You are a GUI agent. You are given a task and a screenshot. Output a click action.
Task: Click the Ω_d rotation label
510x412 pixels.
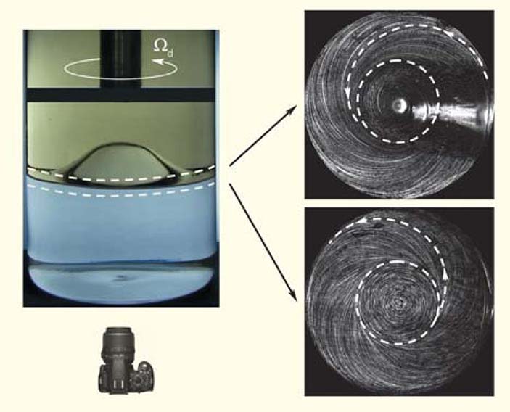coord(163,48)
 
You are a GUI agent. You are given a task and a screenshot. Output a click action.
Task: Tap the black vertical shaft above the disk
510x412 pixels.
coord(120,59)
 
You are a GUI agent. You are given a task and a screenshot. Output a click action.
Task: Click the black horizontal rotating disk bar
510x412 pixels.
coord(120,95)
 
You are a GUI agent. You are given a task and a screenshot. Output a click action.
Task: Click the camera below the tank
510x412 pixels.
coord(126,360)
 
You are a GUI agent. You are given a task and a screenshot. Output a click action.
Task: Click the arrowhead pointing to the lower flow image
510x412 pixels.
coord(293,296)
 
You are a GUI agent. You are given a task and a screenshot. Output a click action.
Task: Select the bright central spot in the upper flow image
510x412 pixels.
coord(398,104)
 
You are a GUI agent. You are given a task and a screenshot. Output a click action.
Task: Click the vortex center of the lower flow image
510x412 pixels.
coord(398,302)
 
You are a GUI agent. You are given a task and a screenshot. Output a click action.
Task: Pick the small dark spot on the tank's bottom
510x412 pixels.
coord(121,277)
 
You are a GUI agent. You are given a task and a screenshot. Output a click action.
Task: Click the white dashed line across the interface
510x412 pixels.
coord(120,179)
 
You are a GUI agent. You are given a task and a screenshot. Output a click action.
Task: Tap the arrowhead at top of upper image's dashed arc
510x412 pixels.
coord(449,33)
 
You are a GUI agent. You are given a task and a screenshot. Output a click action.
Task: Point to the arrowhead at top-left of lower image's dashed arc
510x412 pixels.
coord(362,222)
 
